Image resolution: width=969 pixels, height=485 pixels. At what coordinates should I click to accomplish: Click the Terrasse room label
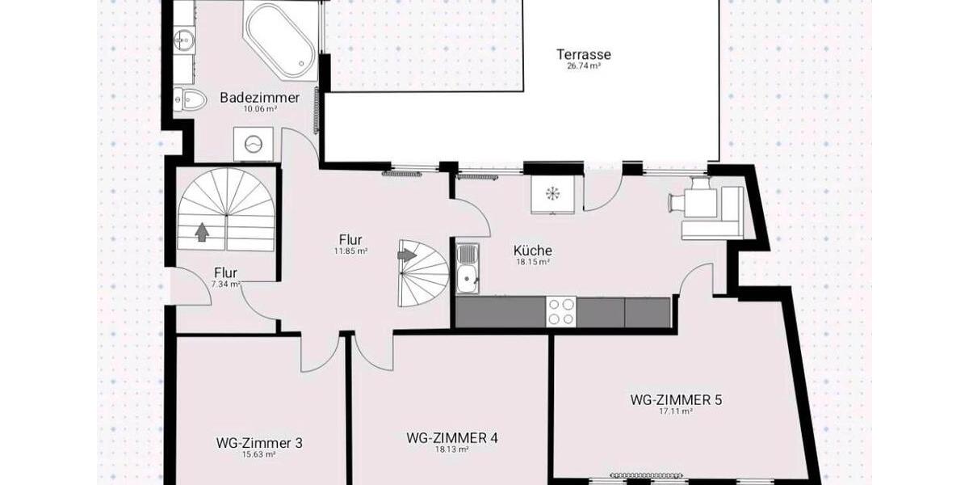pyautogui.click(x=583, y=55)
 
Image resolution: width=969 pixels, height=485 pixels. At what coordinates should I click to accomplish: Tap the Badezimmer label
pyautogui.click(x=259, y=98)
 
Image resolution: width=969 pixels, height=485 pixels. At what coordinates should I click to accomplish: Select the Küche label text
pyautogui.click(x=533, y=251)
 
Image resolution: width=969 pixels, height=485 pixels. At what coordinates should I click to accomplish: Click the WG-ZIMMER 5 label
pyautogui.click(x=675, y=399)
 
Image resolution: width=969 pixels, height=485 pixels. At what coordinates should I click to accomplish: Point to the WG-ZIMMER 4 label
pyautogui.click(x=451, y=438)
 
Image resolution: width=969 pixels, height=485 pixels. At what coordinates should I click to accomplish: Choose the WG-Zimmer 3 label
pyautogui.click(x=259, y=442)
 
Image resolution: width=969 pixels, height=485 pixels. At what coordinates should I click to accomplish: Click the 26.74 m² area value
pyautogui.click(x=583, y=67)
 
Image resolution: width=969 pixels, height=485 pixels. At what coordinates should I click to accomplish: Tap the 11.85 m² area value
pyautogui.click(x=350, y=251)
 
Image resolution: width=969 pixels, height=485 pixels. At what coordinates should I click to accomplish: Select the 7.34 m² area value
pyautogui.click(x=225, y=285)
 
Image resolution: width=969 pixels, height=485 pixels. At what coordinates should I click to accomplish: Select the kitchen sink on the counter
pyautogui.click(x=467, y=269)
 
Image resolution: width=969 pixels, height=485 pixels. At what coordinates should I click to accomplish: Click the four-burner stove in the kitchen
pyautogui.click(x=562, y=312)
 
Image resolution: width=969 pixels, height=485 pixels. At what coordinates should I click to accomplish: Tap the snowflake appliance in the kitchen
pyautogui.click(x=553, y=194)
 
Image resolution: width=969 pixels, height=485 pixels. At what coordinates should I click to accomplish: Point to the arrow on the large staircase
pyautogui.click(x=202, y=232)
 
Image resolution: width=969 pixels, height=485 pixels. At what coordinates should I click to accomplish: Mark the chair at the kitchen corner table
pyautogui.click(x=677, y=204)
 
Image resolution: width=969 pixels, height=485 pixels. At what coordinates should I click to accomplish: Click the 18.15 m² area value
pyautogui.click(x=533, y=262)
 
